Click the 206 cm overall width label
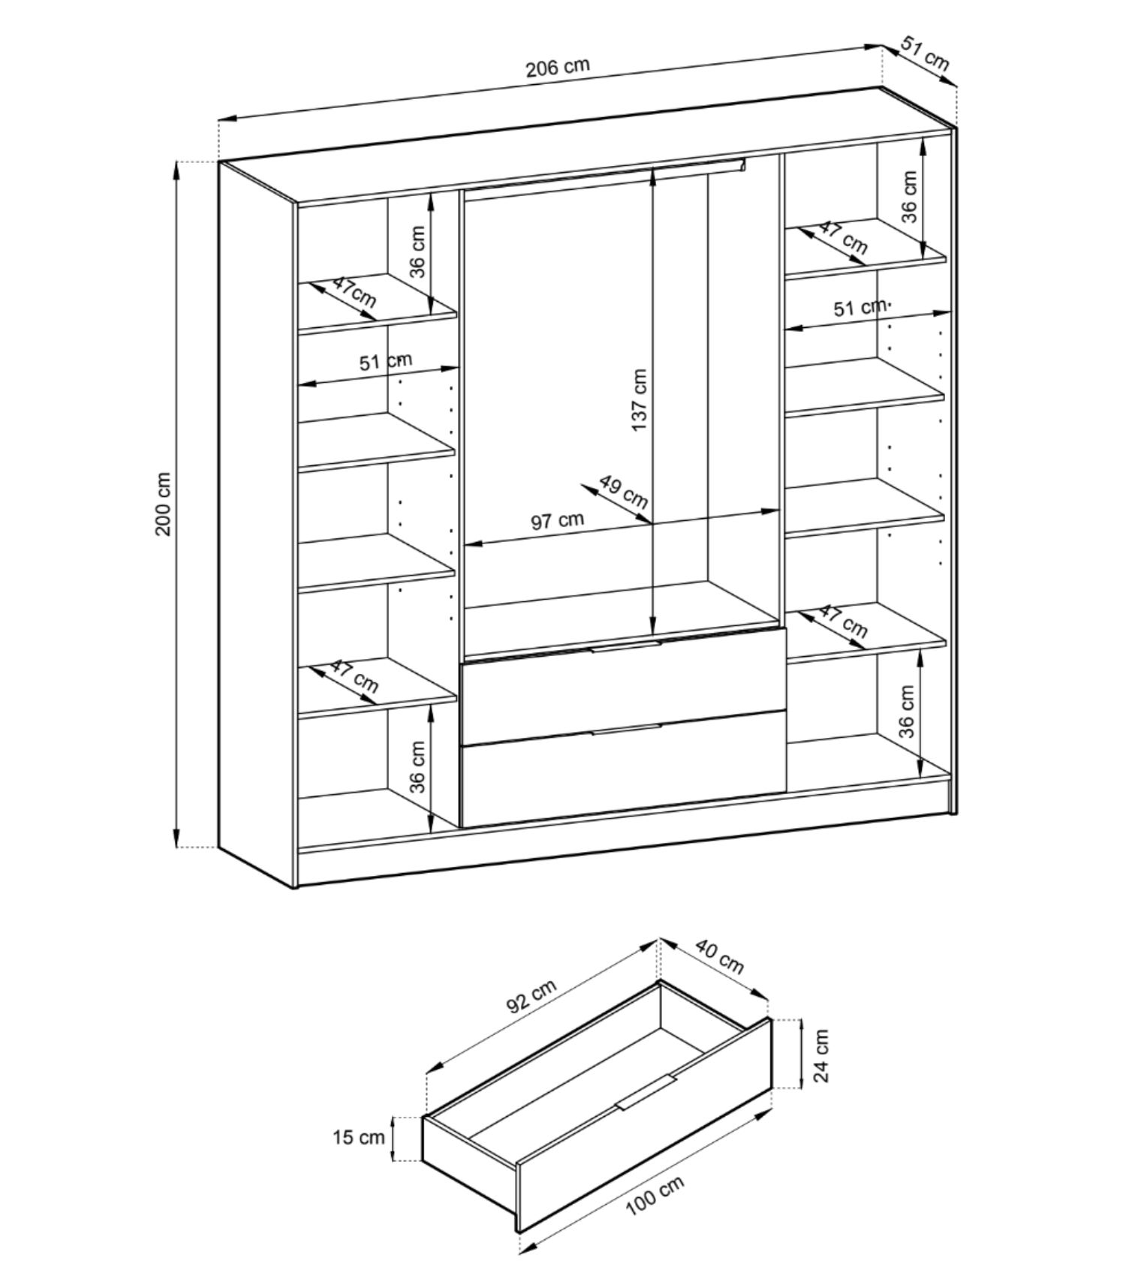[557, 68]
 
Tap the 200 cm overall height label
[164, 504]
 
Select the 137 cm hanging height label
[639, 399]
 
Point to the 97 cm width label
[557, 520]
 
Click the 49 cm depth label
[624, 491]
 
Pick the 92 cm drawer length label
[531, 997]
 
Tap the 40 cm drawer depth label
[719, 956]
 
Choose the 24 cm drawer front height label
[822, 1055]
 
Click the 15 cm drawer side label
[359, 1138]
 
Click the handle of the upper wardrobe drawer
[625, 646]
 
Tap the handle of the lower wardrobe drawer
[625, 730]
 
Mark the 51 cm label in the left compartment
[385, 362]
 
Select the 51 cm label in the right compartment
[860, 308]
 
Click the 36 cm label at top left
[418, 251]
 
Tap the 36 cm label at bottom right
[908, 711]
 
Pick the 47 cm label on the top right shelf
[842, 237]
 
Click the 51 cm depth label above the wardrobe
[925, 54]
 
